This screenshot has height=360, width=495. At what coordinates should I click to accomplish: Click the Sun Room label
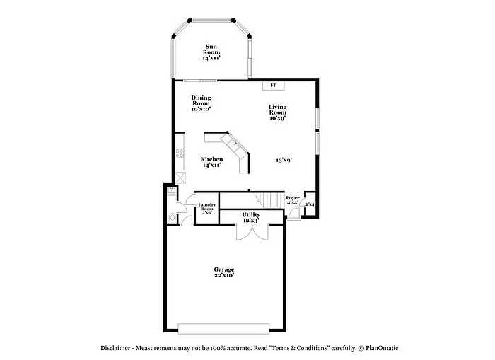211,52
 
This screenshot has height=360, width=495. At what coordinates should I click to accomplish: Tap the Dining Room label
201,104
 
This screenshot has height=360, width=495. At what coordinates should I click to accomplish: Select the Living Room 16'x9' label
277,112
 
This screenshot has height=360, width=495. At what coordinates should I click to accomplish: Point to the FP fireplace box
272,86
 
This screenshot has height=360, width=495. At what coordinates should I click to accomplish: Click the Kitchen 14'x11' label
211,162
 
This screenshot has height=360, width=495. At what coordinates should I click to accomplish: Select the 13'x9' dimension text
284,160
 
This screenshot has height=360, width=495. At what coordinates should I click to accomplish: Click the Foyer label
292,200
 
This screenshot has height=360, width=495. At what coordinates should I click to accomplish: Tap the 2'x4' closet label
310,204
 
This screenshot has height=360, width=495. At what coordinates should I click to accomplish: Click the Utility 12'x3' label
251,217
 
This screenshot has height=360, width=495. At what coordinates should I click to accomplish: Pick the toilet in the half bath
173,217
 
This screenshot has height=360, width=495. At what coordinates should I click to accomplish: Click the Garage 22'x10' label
224,272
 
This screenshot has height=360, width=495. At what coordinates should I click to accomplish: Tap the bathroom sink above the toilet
172,190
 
